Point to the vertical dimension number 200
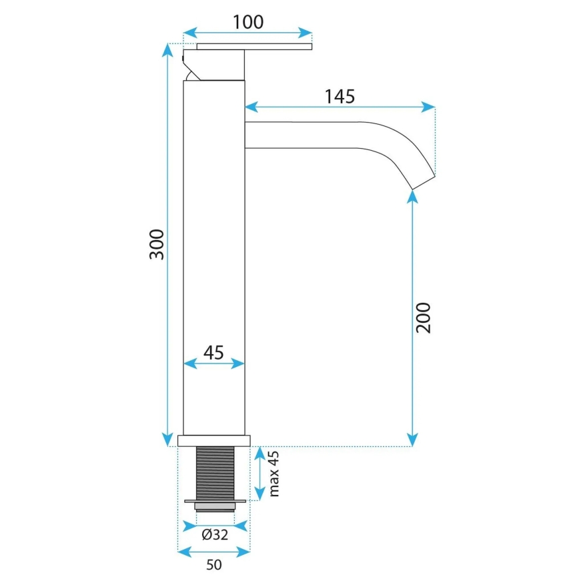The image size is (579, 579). click(x=424, y=318)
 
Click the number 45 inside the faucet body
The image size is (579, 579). click(x=213, y=352)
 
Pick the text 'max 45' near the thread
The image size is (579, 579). click(x=273, y=474)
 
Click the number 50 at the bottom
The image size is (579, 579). click(x=213, y=565)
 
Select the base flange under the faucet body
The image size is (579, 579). click(x=213, y=440)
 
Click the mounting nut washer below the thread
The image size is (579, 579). click(x=214, y=501)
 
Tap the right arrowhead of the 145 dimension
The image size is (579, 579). click(x=430, y=106)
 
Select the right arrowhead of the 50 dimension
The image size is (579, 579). click(x=245, y=552)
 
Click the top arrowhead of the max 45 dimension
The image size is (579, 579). click(x=259, y=452)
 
